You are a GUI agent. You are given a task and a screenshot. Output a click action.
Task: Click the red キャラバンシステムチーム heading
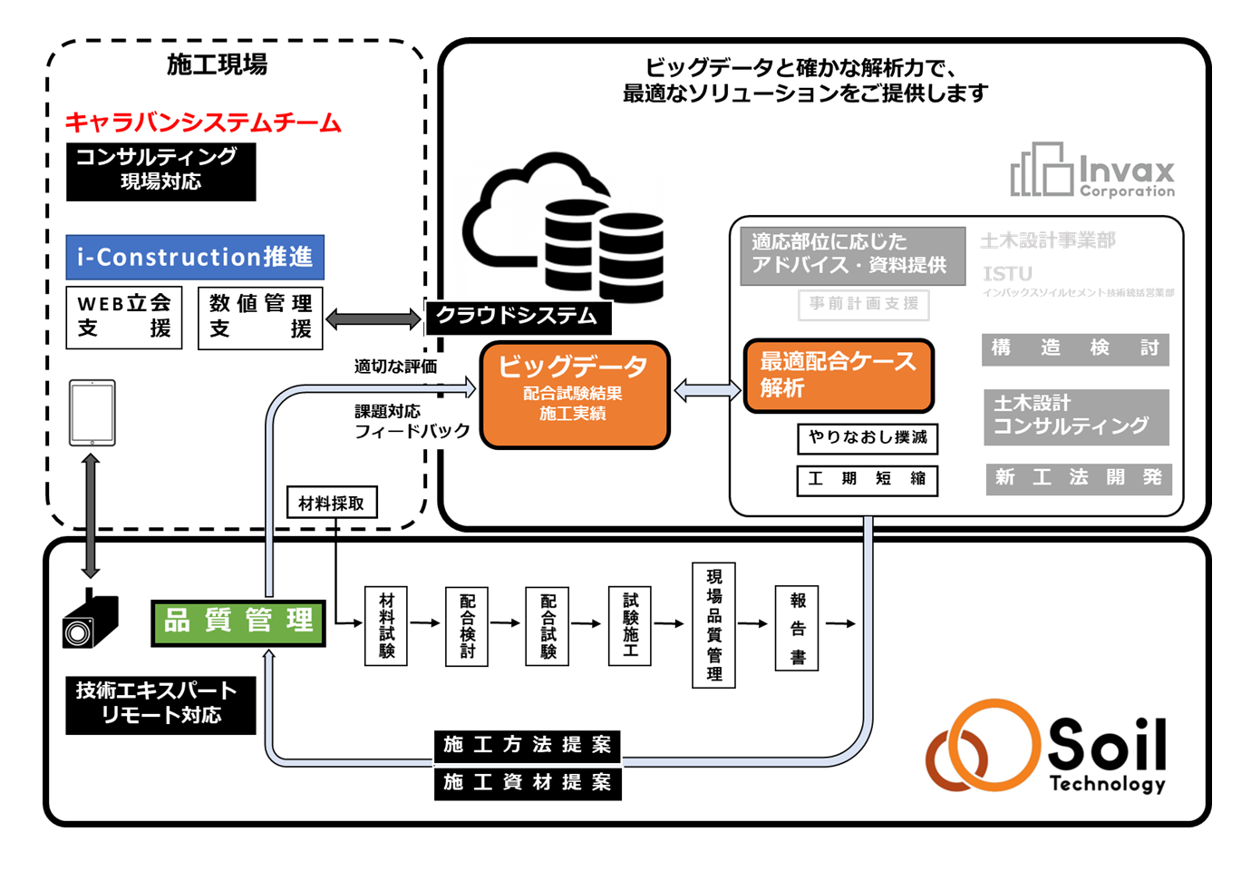click(203, 122)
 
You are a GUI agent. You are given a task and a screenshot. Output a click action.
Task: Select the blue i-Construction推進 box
click(195, 258)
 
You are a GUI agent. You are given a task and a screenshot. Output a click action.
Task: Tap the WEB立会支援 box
click(124, 318)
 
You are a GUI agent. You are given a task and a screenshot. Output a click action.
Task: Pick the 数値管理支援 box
click(260, 318)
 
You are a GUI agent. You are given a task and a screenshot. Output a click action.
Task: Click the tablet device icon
click(92, 413)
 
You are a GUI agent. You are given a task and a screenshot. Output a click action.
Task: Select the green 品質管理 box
click(238, 622)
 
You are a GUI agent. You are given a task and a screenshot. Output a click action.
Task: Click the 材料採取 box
click(332, 503)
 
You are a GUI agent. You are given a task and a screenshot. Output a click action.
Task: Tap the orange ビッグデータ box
click(574, 395)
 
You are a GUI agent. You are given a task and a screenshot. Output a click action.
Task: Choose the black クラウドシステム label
click(518, 317)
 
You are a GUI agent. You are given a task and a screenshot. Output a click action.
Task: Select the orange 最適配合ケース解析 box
click(839, 376)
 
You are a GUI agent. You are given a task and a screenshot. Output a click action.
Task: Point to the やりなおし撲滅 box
click(868, 438)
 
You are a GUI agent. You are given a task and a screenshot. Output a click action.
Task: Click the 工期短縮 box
click(868, 480)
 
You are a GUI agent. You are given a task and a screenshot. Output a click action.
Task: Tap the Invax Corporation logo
click(1092, 171)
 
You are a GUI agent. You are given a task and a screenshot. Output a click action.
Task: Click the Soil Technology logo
click(1047, 747)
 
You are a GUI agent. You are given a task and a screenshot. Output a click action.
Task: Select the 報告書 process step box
click(797, 628)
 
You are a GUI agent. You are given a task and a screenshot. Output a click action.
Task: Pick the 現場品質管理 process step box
click(713, 625)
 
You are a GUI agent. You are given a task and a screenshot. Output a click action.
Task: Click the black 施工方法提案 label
click(528, 746)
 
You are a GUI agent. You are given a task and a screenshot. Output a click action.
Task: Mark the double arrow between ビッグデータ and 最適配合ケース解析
click(707, 391)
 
